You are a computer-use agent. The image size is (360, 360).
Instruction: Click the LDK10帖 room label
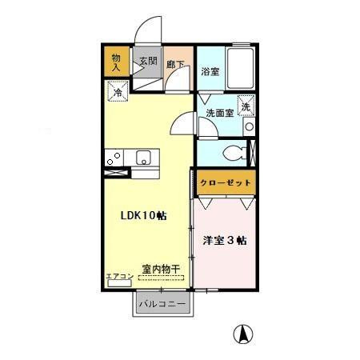143,216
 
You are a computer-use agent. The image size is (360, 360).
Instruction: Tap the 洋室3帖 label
223,238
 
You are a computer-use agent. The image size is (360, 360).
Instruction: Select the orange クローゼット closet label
225,183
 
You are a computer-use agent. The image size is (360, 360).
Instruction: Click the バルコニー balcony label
162,305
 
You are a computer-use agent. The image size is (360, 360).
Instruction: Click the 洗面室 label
218,113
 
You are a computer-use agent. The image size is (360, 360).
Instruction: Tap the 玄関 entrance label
148,61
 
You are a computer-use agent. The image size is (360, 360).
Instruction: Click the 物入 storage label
115,62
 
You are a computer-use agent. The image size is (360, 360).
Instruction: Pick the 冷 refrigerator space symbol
117,93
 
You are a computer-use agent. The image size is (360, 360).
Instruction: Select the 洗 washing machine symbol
246,105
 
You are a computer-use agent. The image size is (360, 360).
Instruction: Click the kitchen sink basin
145,157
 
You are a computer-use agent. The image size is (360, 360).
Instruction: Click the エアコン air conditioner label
118,276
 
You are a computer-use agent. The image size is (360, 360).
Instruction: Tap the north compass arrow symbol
240,333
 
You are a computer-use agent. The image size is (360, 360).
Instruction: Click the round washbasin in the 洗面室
250,127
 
